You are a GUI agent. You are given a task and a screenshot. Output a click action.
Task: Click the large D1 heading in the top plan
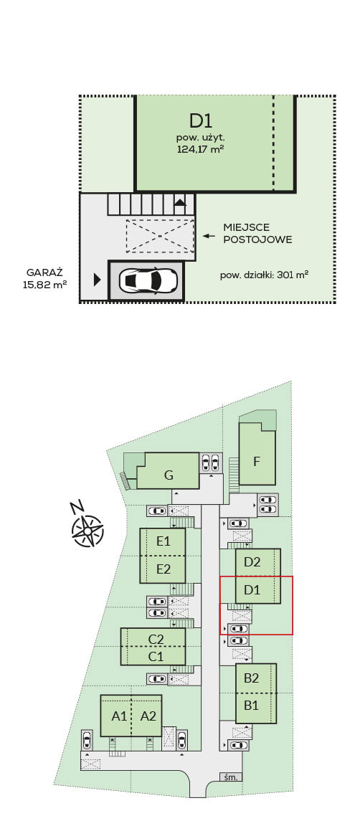click(201, 121)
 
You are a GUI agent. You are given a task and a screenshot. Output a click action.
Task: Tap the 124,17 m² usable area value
click(201, 148)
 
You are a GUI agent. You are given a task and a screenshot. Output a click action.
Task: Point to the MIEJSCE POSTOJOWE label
click(257, 234)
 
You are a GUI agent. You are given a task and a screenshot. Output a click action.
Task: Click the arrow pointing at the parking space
click(209, 236)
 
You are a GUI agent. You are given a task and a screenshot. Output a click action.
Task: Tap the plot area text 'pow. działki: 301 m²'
click(264, 274)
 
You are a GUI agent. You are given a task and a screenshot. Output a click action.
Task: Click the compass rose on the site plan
click(87, 531)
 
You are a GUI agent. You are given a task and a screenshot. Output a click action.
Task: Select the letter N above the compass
click(77, 507)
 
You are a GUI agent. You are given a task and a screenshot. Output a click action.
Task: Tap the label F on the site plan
click(257, 462)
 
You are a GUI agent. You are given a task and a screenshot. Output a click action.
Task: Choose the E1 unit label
click(164, 541)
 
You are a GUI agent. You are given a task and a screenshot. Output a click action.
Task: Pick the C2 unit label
click(156, 639)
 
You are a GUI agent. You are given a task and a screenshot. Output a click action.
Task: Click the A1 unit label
click(119, 716)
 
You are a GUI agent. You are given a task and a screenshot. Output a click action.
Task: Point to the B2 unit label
click(252, 678)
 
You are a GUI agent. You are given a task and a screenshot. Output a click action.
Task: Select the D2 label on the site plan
click(252, 562)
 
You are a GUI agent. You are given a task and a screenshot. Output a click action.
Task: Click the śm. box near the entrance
click(231, 777)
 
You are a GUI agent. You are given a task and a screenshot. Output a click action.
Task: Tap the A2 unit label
click(149, 716)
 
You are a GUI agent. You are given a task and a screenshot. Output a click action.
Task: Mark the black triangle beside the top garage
click(97, 280)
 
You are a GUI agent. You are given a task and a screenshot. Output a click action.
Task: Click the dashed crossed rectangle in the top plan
click(160, 236)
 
